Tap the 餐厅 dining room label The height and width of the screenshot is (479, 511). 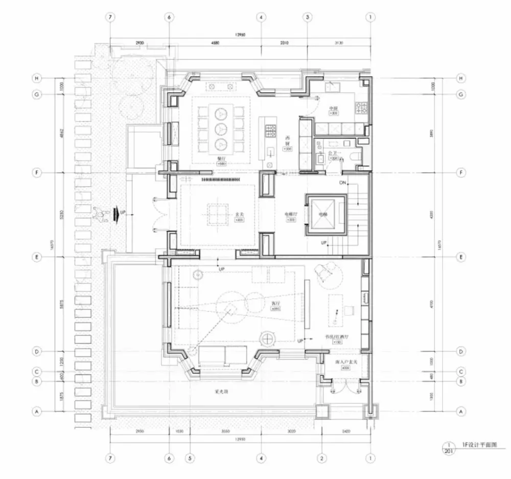pyautogui.click(x=221, y=159)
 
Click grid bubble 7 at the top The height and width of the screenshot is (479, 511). pyautogui.click(x=110, y=17)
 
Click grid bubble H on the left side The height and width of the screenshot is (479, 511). pyautogui.click(x=36, y=78)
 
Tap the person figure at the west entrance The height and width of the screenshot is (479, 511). pyautogui.click(x=98, y=214)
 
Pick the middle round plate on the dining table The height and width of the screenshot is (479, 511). pyautogui.click(x=221, y=128)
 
